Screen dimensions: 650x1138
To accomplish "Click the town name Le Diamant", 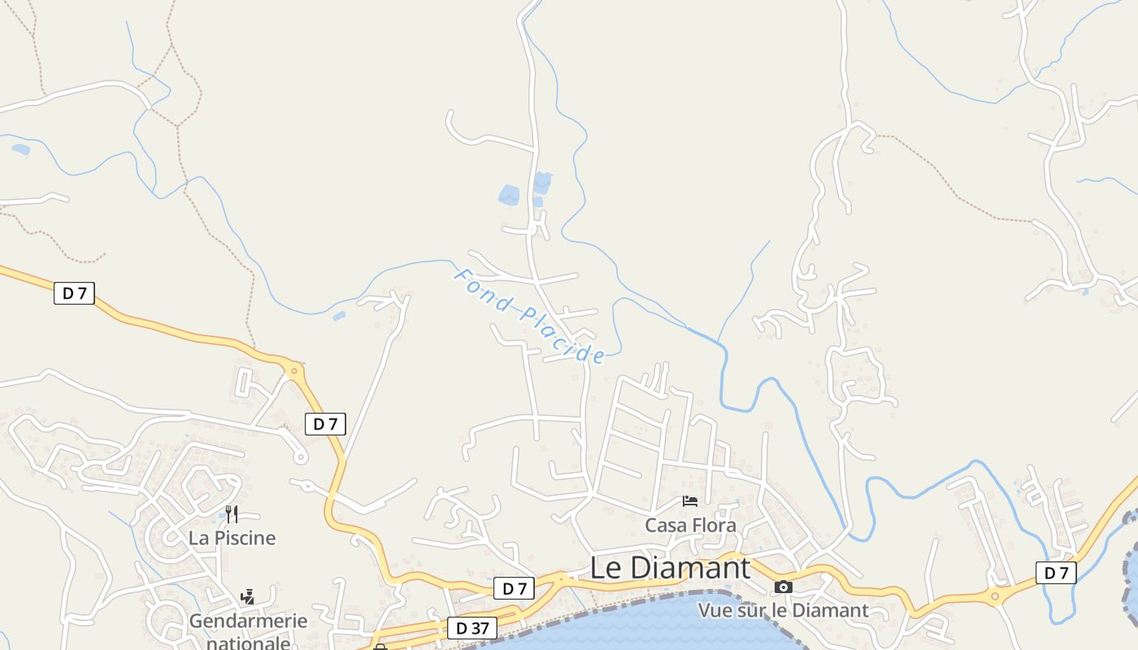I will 670,568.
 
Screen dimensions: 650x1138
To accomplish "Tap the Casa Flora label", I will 690,526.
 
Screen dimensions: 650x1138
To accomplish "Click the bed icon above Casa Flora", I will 690,501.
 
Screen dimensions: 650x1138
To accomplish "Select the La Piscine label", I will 232,538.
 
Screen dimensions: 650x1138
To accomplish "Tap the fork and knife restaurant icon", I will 232,513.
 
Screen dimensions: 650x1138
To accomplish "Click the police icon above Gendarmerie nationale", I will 248,597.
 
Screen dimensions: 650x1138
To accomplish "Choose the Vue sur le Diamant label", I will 783,610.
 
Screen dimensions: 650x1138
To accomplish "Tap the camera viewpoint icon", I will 783,587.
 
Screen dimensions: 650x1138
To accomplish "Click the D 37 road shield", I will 471,628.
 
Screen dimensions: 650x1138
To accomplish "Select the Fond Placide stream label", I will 529,316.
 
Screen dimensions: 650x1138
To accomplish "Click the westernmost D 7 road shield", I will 74,293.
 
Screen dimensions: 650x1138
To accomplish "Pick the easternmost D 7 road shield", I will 1056,573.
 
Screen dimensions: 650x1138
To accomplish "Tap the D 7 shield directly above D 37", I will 514,588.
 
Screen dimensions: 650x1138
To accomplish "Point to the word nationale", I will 248,643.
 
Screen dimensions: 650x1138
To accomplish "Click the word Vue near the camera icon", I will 715,610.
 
